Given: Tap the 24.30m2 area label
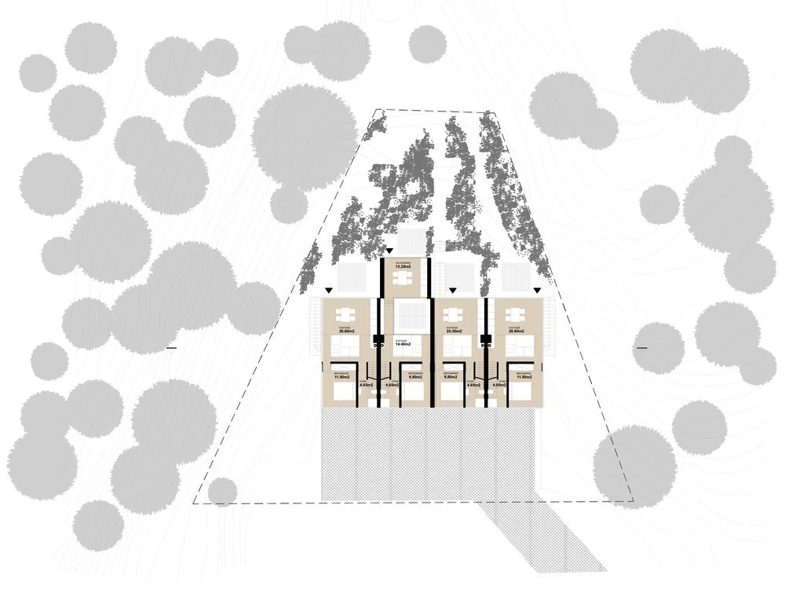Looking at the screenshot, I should pyautogui.click(x=453, y=331).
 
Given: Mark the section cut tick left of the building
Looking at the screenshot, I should pyautogui.click(x=171, y=347).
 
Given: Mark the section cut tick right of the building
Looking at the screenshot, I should pyautogui.click(x=641, y=347).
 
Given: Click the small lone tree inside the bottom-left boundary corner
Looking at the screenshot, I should pyautogui.click(x=223, y=492).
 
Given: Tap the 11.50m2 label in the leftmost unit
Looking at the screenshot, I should pyautogui.click(x=341, y=378).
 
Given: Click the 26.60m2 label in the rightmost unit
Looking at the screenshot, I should pyautogui.click(x=516, y=331).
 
